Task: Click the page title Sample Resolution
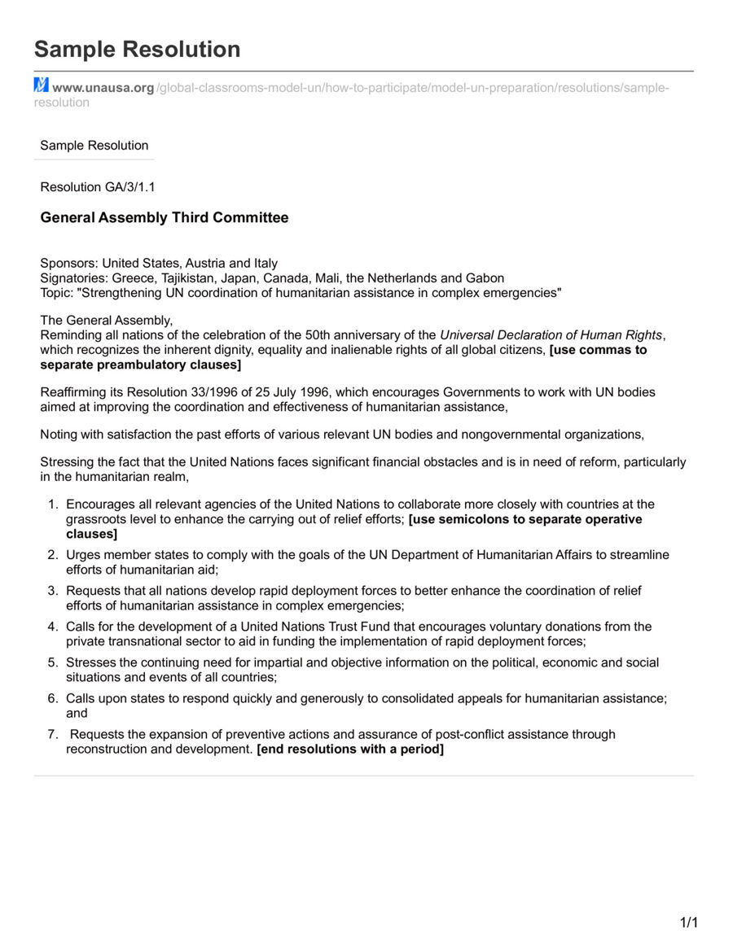(137, 50)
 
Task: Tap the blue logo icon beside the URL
(42, 85)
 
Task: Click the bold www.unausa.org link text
(103, 88)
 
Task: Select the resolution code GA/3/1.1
(130, 187)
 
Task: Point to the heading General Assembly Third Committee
(164, 218)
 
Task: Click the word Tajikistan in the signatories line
(191, 278)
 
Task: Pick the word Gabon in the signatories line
(485, 278)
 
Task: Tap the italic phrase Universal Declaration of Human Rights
(551, 335)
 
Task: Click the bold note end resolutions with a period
(350, 749)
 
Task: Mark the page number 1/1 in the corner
(689, 923)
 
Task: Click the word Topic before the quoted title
(55, 293)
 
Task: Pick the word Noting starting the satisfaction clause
(60, 435)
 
